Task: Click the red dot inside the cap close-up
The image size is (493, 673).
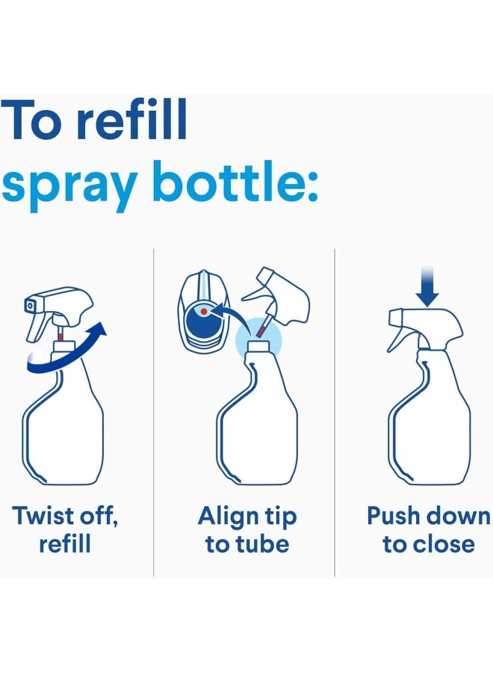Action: tap(202, 310)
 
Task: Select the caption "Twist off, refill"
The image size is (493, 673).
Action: tap(66, 529)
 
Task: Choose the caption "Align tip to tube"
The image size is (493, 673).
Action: tap(246, 529)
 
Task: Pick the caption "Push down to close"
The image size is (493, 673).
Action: tap(429, 529)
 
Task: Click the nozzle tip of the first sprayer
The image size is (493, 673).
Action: tap(31, 305)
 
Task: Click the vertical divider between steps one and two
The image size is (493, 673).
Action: tap(153, 411)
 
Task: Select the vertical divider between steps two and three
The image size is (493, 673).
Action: tap(335, 411)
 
